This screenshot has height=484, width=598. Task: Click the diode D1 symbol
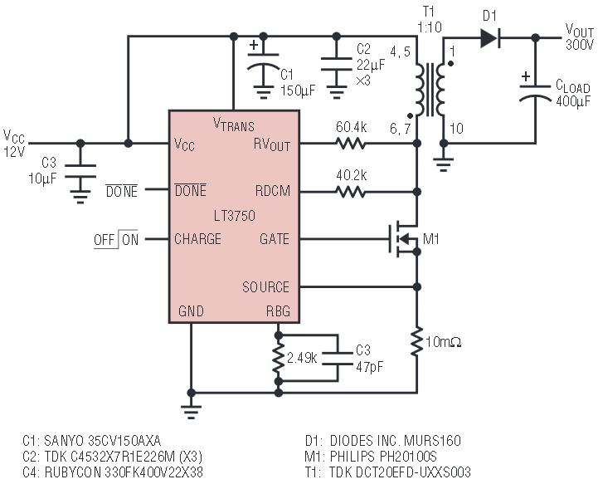[x=489, y=37]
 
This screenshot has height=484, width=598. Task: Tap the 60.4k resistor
[x=351, y=144]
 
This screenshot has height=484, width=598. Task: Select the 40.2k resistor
[x=351, y=191]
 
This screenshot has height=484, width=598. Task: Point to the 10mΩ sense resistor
[x=417, y=341]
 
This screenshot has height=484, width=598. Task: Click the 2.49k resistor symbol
[x=279, y=359]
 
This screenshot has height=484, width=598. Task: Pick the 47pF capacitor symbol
[x=338, y=359]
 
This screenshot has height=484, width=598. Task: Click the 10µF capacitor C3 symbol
[x=80, y=171]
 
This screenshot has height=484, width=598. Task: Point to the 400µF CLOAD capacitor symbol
[x=535, y=91]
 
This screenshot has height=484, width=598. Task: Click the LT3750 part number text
[x=235, y=216]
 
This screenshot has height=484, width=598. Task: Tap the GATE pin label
[x=275, y=239]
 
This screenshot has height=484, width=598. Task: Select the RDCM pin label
[x=273, y=191]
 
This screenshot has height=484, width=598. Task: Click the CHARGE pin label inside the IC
[x=197, y=239]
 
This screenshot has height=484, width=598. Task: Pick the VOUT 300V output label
[x=579, y=37]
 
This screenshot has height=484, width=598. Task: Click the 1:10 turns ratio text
[x=430, y=27]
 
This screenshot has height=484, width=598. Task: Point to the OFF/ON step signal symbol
[x=116, y=240]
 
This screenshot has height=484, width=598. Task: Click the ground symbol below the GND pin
[x=191, y=412]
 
